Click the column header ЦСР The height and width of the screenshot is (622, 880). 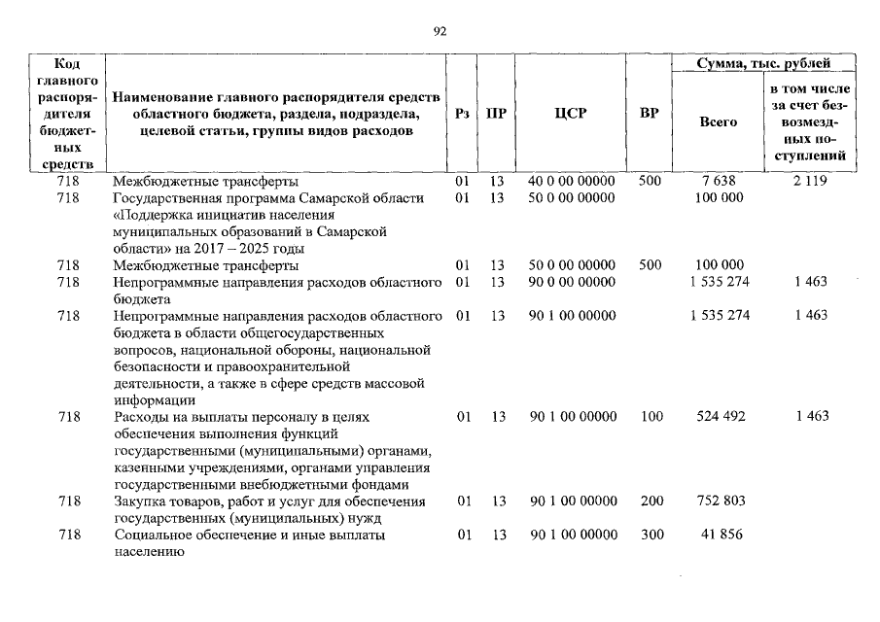tap(571, 114)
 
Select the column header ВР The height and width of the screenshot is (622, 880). tap(650, 114)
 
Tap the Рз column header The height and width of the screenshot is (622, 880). tap(463, 114)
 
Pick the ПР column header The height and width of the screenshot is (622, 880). tap(496, 114)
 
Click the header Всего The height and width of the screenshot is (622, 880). tap(719, 122)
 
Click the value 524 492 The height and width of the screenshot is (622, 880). tap(721, 417)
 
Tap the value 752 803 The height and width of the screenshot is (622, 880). tap(721, 501)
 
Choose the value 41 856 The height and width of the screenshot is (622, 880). tap(721, 536)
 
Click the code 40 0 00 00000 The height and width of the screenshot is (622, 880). tap(572, 182)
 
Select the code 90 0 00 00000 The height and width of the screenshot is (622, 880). tap(572, 282)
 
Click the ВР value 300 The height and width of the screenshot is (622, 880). tap(651, 536)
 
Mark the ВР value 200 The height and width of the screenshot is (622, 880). tap(651, 501)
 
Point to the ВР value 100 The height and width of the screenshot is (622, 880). tap(651, 417)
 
